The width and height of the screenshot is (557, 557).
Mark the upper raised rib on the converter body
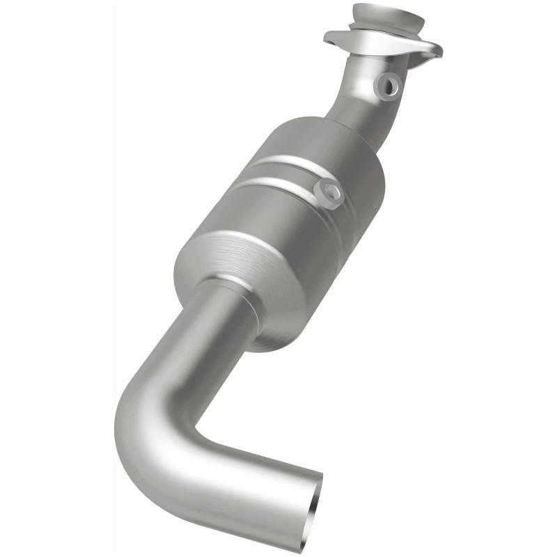[292, 162]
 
